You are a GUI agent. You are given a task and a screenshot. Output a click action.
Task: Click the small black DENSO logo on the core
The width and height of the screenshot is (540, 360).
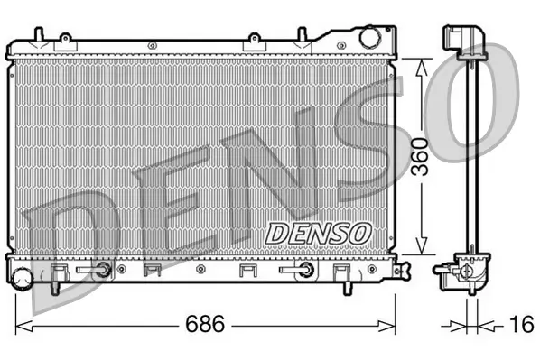click(319, 232)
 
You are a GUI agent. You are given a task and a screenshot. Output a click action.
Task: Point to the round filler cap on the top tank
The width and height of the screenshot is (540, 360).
click(370, 39)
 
